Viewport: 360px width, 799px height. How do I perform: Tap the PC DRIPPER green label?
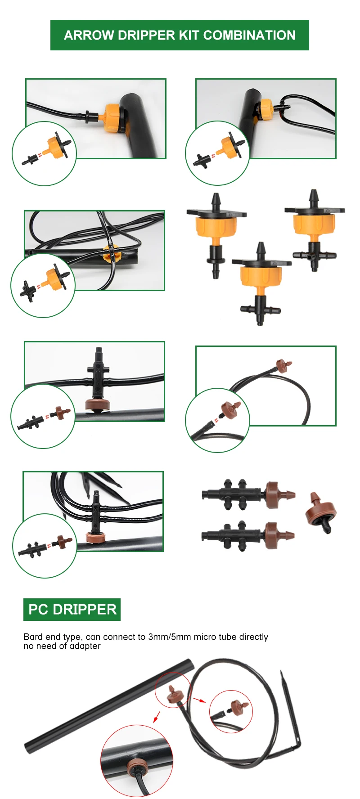pos(72,610)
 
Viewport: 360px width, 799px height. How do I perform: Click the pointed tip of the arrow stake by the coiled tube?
pos(282,673)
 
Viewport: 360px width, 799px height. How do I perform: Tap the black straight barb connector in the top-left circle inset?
pos(31,159)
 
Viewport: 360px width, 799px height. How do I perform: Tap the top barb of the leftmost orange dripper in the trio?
pos(216,200)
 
